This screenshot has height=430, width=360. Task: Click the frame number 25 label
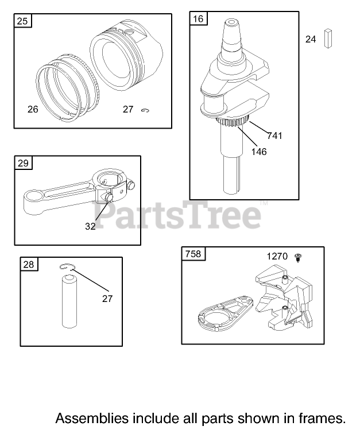click(x=22, y=21)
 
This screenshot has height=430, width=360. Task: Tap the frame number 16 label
click(x=198, y=18)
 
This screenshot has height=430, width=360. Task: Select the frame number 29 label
click(x=23, y=163)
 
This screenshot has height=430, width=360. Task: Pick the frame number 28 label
click(x=29, y=264)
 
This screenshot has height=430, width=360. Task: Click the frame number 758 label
click(x=193, y=254)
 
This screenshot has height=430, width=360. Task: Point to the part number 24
click(x=311, y=39)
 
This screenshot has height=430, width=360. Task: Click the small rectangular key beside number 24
click(x=328, y=38)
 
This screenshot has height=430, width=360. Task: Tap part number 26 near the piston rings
click(x=33, y=109)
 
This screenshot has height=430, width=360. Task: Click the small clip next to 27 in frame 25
click(x=145, y=110)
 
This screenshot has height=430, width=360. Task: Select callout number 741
click(x=274, y=135)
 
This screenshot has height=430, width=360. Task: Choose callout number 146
click(x=259, y=152)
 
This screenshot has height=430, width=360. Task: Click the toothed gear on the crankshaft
click(x=233, y=122)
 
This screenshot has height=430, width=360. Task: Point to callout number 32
click(x=90, y=227)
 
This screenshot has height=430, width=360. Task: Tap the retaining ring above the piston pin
click(x=67, y=266)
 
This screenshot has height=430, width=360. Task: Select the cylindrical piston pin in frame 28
click(x=69, y=301)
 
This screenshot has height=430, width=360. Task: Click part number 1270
click(x=277, y=257)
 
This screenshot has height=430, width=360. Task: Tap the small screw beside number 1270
click(x=298, y=258)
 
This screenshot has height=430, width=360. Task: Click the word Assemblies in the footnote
click(x=92, y=419)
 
